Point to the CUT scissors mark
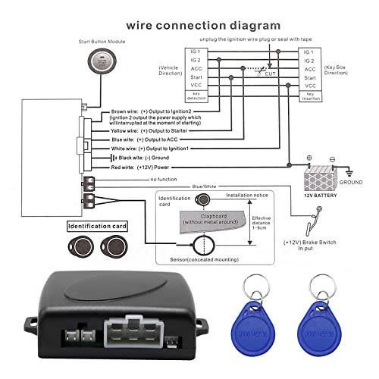(267, 72)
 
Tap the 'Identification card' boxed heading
(98, 226)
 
